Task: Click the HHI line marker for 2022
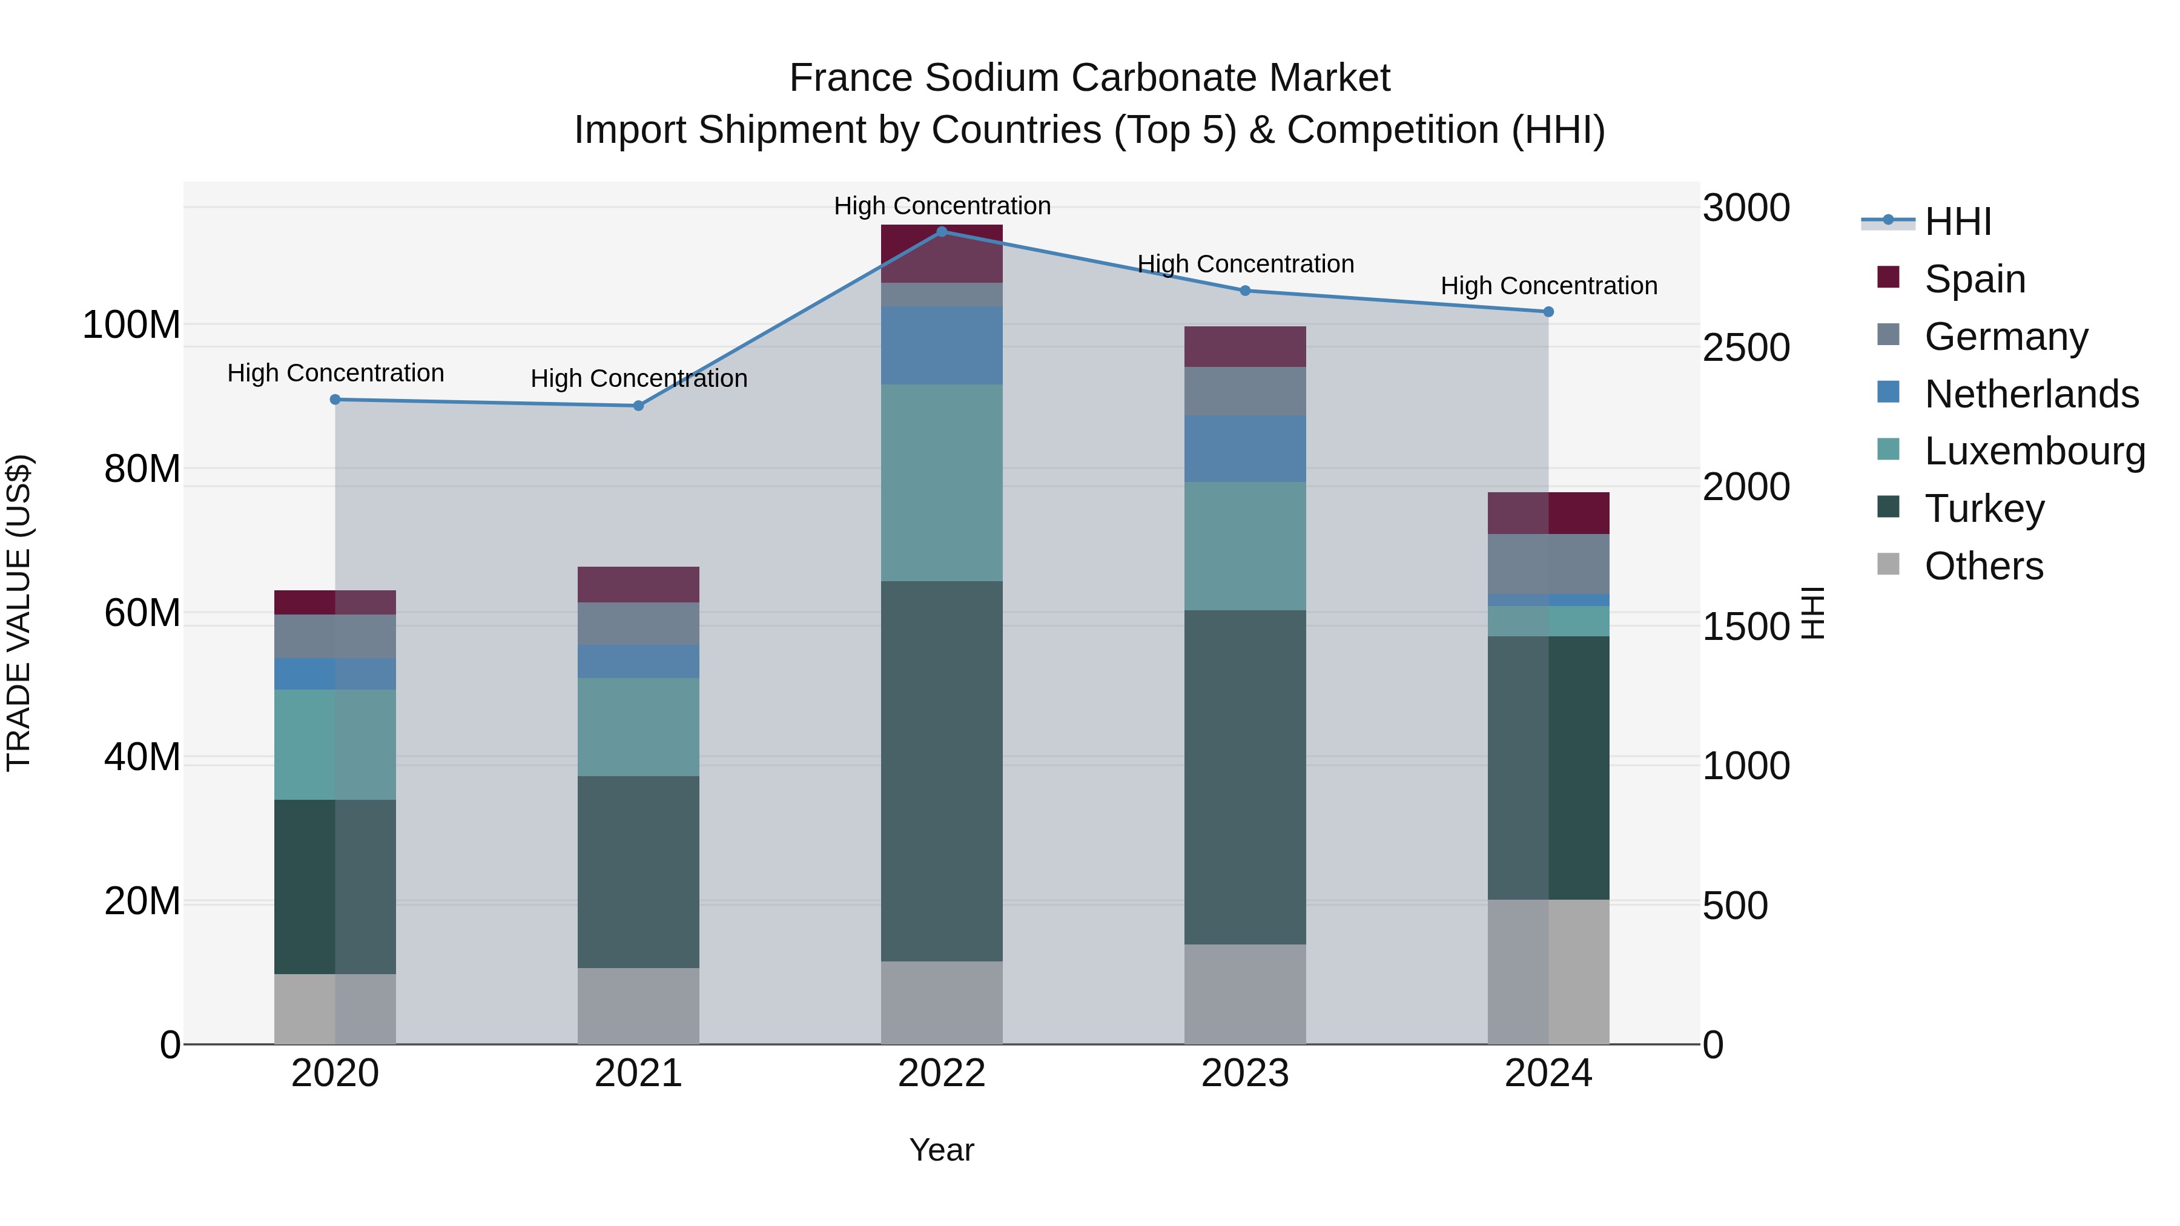coord(942,232)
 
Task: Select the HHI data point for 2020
coord(335,400)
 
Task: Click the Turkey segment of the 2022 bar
coord(942,770)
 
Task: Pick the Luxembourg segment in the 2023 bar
coord(1245,545)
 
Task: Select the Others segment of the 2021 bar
coord(638,1005)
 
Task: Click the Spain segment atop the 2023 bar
coord(1245,346)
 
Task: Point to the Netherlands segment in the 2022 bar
coord(942,345)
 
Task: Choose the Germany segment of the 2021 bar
coord(638,624)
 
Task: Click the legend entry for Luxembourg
coord(2035,451)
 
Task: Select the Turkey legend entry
coord(1984,509)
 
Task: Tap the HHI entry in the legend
coord(1957,222)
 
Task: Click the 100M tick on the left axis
coord(131,325)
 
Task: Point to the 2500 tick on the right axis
coord(1746,348)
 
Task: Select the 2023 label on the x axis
coord(1245,1073)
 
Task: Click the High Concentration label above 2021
coord(639,378)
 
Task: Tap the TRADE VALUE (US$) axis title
coord(19,613)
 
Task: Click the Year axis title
coord(942,1150)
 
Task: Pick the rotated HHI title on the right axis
coord(1812,613)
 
